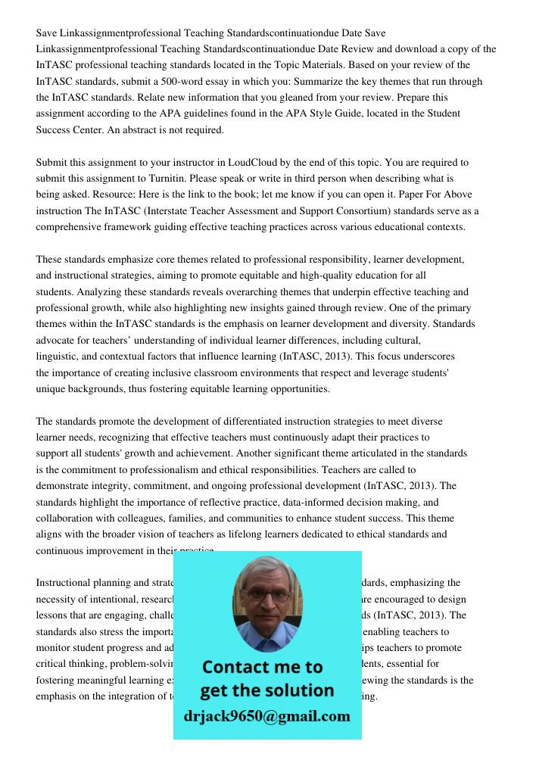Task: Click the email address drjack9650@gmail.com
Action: click(267, 716)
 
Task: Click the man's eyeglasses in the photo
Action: click(267, 594)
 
